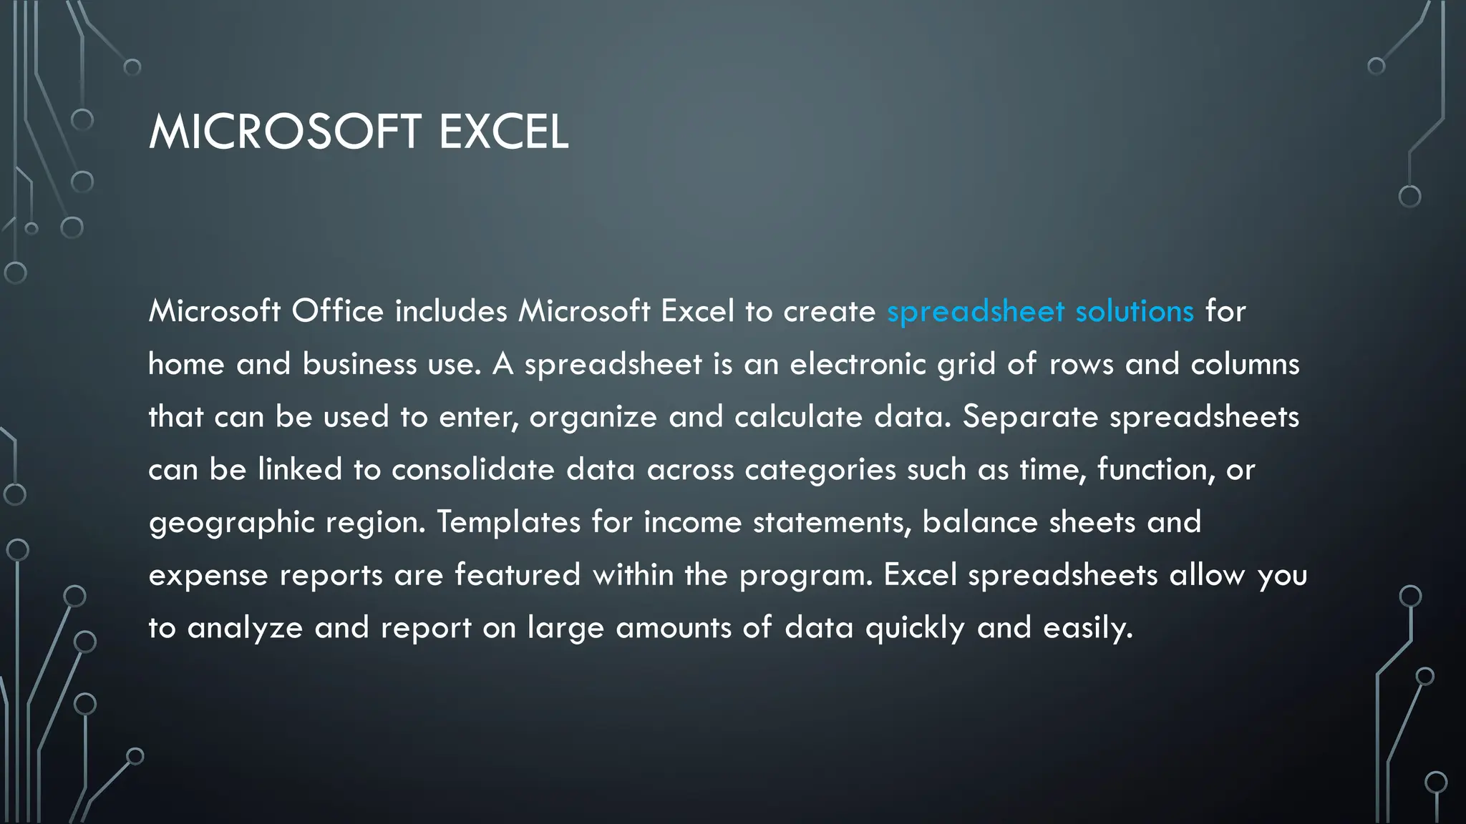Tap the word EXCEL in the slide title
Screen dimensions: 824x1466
click(x=503, y=132)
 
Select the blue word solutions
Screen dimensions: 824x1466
click(x=1135, y=311)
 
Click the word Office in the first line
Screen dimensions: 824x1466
click(x=337, y=311)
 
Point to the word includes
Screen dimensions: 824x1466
click(x=451, y=311)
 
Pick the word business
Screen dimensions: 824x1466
click(x=359, y=364)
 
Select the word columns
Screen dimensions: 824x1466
click(x=1245, y=364)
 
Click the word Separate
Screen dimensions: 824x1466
click(x=1029, y=417)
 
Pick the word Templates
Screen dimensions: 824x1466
click(x=508, y=522)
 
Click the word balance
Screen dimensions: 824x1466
click(x=979, y=522)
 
